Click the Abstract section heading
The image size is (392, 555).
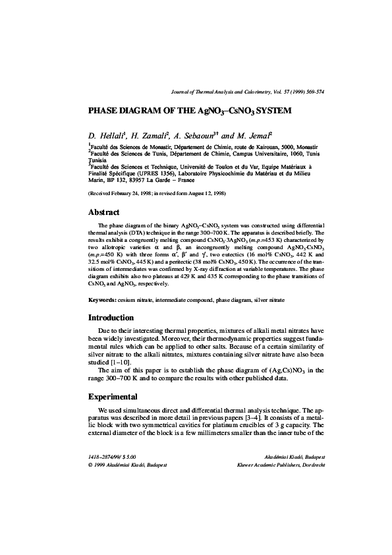coord(103,212)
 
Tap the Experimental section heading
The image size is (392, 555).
coord(113,397)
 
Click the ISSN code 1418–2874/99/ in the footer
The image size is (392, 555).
coord(109,456)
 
